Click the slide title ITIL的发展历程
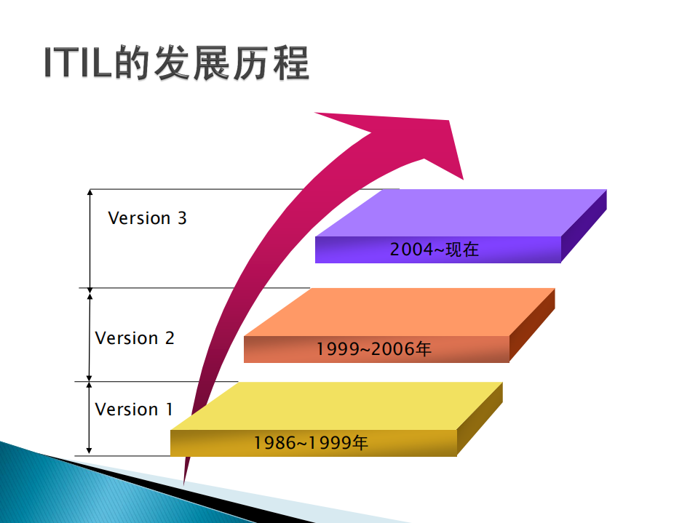pyautogui.click(x=177, y=65)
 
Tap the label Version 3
pyautogui.click(x=147, y=218)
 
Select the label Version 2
pyautogui.click(x=135, y=338)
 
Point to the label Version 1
pyautogui.click(x=134, y=410)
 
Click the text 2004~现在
pyautogui.click(x=435, y=249)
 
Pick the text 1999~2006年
pyautogui.click(x=374, y=349)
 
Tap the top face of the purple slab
pyautogui.click(x=466, y=212)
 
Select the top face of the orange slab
pyautogui.click(x=408, y=311)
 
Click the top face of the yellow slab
pyautogui.click(x=342, y=405)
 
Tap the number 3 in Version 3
pyautogui.click(x=182, y=218)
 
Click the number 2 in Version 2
pyautogui.click(x=170, y=338)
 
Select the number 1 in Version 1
pyautogui.click(x=169, y=410)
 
